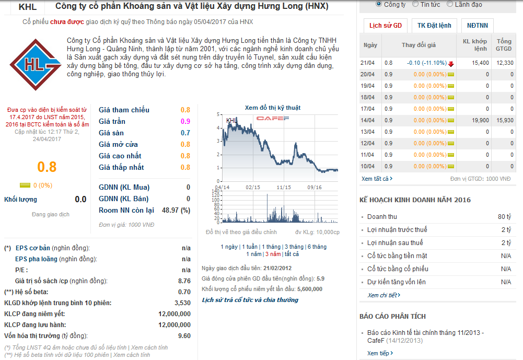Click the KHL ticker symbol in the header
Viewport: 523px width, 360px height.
pyautogui.click(x=27, y=7)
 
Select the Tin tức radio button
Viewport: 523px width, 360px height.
pyautogui.click(x=415, y=4)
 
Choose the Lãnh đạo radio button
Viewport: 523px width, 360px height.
pyautogui.click(x=451, y=4)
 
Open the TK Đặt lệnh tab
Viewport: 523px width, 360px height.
pyautogui.click(x=434, y=26)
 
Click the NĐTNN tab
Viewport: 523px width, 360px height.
pyautogui.click(x=478, y=26)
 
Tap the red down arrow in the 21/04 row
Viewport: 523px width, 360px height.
pyautogui.click(x=451, y=63)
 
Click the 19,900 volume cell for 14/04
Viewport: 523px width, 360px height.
pyautogui.click(x=480, y=120)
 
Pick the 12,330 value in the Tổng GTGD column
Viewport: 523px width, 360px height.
pyautogui.click(x=505, y=63)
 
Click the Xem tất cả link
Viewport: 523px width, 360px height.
pyautogui.click(x=377, y=179)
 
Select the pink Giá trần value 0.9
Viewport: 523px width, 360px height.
pyautogui.click(x=185, y=121)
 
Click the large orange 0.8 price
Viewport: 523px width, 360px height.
pyautogui.click(x=47, y=167)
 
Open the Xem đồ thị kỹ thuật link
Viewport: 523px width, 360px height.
pyautogui.click(x=273, y=108)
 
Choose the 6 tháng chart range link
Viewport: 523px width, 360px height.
pyautogui.click(x=317, y=247)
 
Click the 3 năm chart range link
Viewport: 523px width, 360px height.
pyautogui.click(x=272, y=254)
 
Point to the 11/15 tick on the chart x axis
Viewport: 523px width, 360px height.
pyautogui.click(x=284, y=187)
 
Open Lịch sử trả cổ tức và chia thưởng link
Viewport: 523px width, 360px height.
pyautogui.click(x=250, y=300)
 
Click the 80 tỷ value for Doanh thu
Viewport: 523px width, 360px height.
pyautogui.click(x=504, y=217)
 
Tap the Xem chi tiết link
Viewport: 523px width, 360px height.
pyautogui.click(x=383, y=295)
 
